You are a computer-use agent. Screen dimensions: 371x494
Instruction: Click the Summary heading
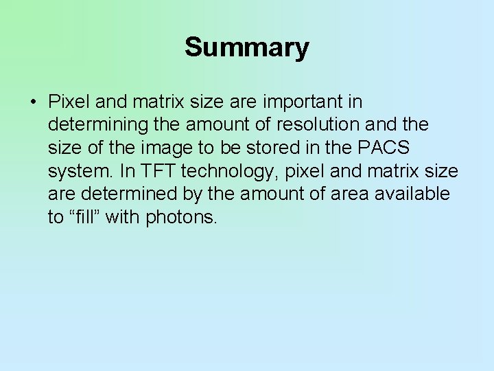[247, 47]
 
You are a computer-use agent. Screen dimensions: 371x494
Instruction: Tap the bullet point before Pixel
[33, 102]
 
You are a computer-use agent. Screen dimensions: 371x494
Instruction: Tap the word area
[350, 194]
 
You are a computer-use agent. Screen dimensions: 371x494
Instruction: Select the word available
[412, 194]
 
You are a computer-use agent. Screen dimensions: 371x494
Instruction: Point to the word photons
[181, 218]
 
